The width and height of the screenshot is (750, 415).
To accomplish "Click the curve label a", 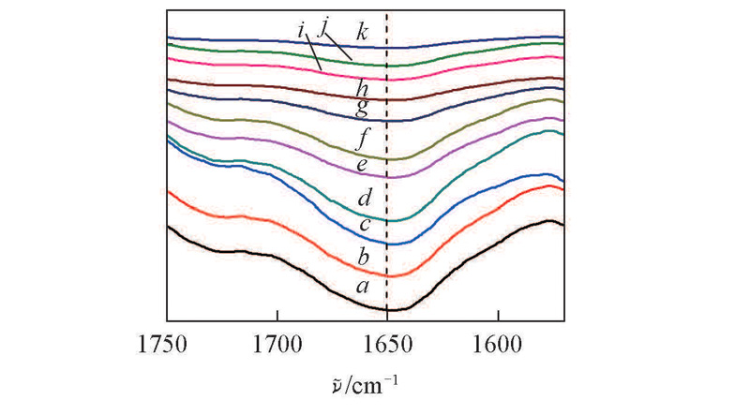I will tap(363, 285).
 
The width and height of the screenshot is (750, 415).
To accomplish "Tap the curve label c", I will tap(365, 226).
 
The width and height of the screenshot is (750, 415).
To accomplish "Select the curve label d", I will tap(365, 199).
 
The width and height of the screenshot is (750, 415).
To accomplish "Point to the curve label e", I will tap(363, 166).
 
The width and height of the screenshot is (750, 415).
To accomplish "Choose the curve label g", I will tap(362, 107).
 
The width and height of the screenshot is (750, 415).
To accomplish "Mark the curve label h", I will tap(362, 89).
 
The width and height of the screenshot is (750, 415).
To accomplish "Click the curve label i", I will tap(301, 32).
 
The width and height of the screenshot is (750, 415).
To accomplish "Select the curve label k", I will tap(363, 33).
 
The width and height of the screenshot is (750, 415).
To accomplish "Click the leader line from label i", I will tap(313, 53).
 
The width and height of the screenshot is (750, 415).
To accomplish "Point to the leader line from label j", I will tap(338, 48).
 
